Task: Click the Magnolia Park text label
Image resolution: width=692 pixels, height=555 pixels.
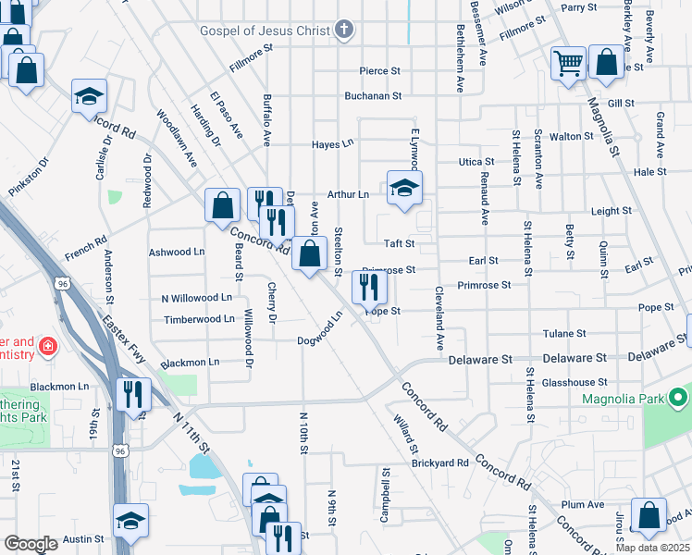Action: click(621, 399)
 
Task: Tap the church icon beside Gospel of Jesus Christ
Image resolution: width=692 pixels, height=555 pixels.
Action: click(344, 31)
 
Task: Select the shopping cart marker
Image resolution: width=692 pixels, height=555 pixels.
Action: click(568, 64)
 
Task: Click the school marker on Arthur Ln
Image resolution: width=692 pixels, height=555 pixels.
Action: click(404, 189)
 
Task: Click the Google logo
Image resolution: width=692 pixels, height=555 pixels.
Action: click(31, 543)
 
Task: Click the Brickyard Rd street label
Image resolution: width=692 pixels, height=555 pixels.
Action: click(440, 462)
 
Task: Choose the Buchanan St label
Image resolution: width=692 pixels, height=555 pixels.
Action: click(373, 95)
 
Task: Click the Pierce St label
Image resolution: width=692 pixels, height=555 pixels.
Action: click(379, 70)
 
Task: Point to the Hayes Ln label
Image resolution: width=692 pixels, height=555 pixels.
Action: click(333, 144)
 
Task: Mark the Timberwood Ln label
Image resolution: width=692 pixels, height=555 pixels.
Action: click(199, 319)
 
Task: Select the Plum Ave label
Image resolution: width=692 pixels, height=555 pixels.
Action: click(582, 504)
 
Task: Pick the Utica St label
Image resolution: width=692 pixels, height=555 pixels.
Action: click(477, 162)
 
